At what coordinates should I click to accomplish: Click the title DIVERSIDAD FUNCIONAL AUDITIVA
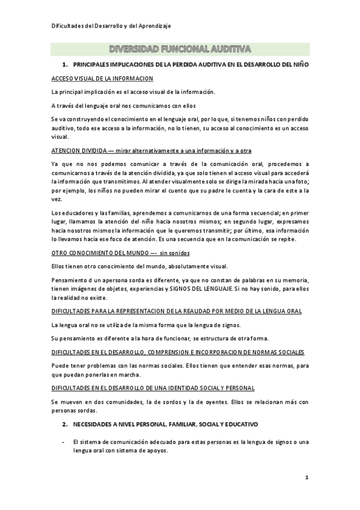(x=180, y=49)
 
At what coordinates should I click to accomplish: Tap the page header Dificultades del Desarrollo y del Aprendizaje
(x=111, y=26)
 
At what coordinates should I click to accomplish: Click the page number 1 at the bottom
(x=307, y=478)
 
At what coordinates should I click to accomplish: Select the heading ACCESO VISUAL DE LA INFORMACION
(x=102, y=79)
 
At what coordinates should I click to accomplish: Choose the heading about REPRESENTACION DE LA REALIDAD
(x=177, y=311)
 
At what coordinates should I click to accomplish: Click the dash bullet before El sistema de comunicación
(x=64, y=442)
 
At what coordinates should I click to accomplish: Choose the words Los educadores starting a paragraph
(x=70, y=212)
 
